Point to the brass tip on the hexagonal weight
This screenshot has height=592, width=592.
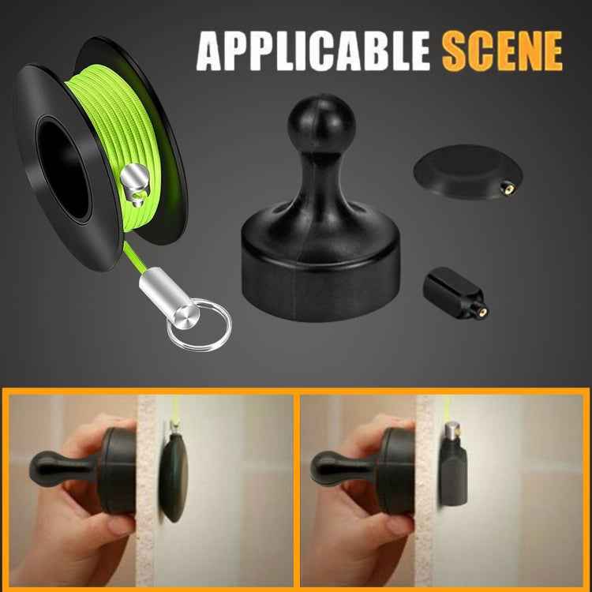(481, 310)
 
